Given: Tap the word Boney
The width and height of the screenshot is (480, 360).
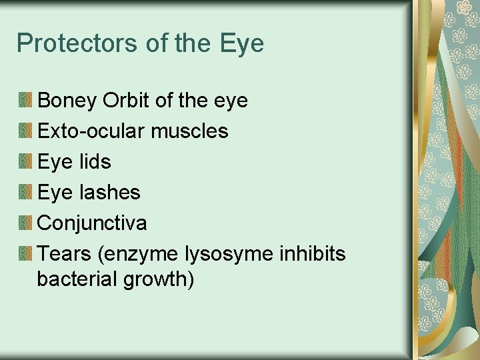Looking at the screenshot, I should click(x=67, y=101).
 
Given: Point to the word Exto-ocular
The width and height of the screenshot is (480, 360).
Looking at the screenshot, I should click(x=91, y=131).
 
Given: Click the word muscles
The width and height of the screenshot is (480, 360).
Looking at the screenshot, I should click(x=189, y=131).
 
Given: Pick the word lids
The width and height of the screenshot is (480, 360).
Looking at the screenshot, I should click(x=93, y=162).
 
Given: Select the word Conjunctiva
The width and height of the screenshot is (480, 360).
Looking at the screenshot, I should click(x=92, y=223).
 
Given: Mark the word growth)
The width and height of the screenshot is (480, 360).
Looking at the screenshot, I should click(x=159, y=279).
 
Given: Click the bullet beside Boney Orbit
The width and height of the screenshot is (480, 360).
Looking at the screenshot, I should click(x=25, y=101).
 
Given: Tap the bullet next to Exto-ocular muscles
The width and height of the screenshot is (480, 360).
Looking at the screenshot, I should click(x=25, y=131).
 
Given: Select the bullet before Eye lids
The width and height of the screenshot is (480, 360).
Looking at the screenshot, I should click(x=25, y=162).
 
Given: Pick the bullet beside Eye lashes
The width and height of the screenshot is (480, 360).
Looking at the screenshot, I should click(x=25, y=193).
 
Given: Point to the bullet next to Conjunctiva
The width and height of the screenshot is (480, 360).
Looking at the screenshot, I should click(x=25, y=223).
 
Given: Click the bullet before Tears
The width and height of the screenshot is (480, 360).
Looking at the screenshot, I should click(x=25, y=254).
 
